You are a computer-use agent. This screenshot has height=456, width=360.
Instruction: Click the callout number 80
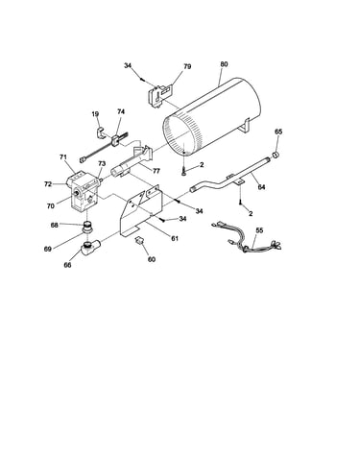tap(224, 64)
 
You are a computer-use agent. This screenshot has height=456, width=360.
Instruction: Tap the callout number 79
tap(187, 66)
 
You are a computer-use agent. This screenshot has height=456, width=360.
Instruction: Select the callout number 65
tap(278, 132)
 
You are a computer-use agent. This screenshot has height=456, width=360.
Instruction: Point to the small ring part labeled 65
tap(276, 156)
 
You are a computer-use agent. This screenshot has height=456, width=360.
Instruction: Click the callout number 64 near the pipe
tap(261, 187)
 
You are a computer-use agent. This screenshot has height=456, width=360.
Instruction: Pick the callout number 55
tap(259, 230)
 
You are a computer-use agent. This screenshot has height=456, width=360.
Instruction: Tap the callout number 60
tap(152, 259)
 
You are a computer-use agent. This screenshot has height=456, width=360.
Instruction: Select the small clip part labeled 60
tap(140, 240)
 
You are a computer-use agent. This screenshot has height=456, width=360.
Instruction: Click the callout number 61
tap(175, 238)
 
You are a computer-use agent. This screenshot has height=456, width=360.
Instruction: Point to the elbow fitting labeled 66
tap(89, 248)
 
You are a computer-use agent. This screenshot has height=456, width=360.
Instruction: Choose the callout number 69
tap(48, 249)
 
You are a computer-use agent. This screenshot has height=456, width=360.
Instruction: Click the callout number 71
tap(63, 157)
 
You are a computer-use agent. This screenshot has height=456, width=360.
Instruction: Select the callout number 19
tap(95, 114)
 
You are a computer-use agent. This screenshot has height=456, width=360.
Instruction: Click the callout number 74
tap(121, 111)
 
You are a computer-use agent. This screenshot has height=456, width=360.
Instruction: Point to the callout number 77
tap(156, 171)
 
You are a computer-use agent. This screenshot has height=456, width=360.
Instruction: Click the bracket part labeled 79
tap(160, 94)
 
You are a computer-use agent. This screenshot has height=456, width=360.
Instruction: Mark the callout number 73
tap(102, 163)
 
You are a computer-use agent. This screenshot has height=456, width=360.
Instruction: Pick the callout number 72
tap(48, 184)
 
